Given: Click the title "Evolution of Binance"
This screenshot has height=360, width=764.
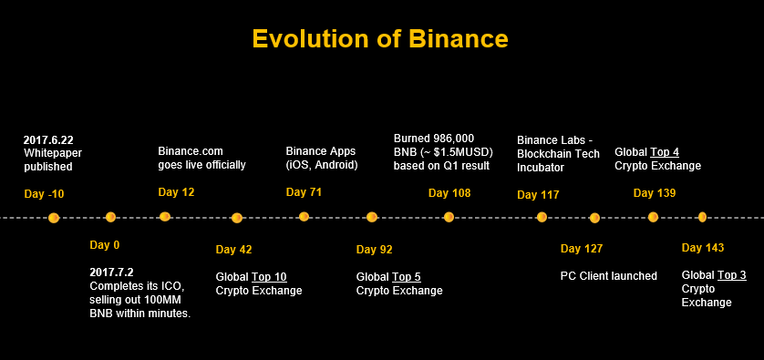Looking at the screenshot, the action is click(380, 38).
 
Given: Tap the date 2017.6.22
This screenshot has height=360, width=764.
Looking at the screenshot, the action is click(48, 140).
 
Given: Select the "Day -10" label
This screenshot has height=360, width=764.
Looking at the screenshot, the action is click(44, 194).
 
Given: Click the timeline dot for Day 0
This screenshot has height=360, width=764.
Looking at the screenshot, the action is click(110, 217).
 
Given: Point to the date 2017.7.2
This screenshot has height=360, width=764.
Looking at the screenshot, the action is click(111, 272).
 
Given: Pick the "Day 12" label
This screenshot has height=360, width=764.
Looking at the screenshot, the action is click(176, 192).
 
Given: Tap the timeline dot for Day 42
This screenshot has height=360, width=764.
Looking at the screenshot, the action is click(237, 218).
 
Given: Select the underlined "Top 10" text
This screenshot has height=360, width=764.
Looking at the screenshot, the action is click(269, 277).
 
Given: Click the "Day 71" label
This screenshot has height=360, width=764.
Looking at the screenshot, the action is click(304, 192).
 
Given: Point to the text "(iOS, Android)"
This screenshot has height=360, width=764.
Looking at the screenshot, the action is click(322, 165).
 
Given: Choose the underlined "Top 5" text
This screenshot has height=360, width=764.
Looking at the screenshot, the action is click(407, 277).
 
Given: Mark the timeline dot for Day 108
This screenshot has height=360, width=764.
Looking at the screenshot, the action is click(449, 217).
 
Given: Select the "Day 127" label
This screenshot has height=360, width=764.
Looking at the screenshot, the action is click(582, 249).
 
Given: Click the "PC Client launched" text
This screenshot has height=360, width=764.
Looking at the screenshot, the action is click(609, 276).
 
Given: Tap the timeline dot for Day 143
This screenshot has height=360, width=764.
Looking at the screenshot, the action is click(702, 217).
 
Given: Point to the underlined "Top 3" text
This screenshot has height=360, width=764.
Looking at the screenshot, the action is click(732, 275).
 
